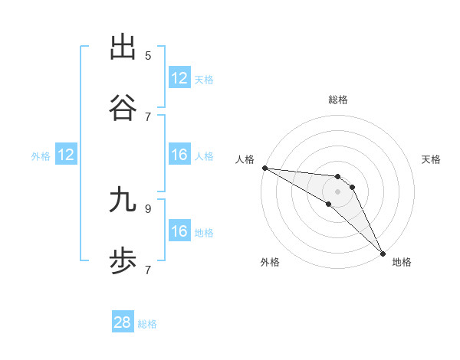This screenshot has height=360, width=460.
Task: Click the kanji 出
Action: (123, 47)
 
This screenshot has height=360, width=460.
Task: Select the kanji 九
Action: (123, 200)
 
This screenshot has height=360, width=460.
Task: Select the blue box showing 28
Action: (123, 322)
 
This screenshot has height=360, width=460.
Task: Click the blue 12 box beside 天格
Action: (179, 78)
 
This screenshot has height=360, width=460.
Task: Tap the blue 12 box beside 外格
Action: (66, 155)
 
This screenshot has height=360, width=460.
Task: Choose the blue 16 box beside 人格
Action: (179, 155)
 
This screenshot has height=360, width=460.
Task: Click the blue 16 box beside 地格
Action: (179, 231)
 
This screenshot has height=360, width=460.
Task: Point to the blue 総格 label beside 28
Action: (148, 323)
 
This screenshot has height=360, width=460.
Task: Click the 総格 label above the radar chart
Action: (338, 100)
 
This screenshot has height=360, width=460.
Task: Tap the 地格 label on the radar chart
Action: (402, 262)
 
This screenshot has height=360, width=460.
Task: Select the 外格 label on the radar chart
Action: (270, 262)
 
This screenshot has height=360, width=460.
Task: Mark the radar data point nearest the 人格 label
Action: (264, 168)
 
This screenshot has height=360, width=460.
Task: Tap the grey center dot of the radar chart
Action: (338, 191)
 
